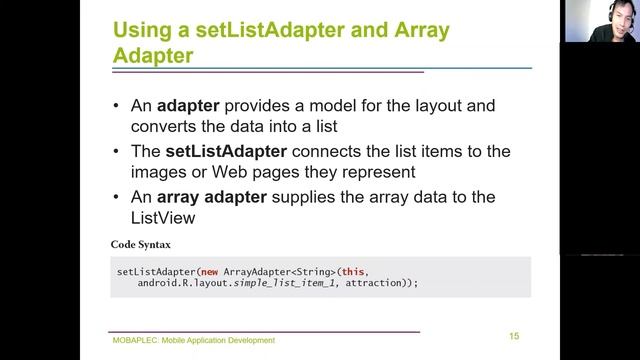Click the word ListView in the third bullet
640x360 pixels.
(x=162, y=216)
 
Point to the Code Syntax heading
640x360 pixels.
(x=148, y=245)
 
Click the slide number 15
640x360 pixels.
(x=513, y=336)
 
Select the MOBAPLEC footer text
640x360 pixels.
(x=193, y=340)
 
